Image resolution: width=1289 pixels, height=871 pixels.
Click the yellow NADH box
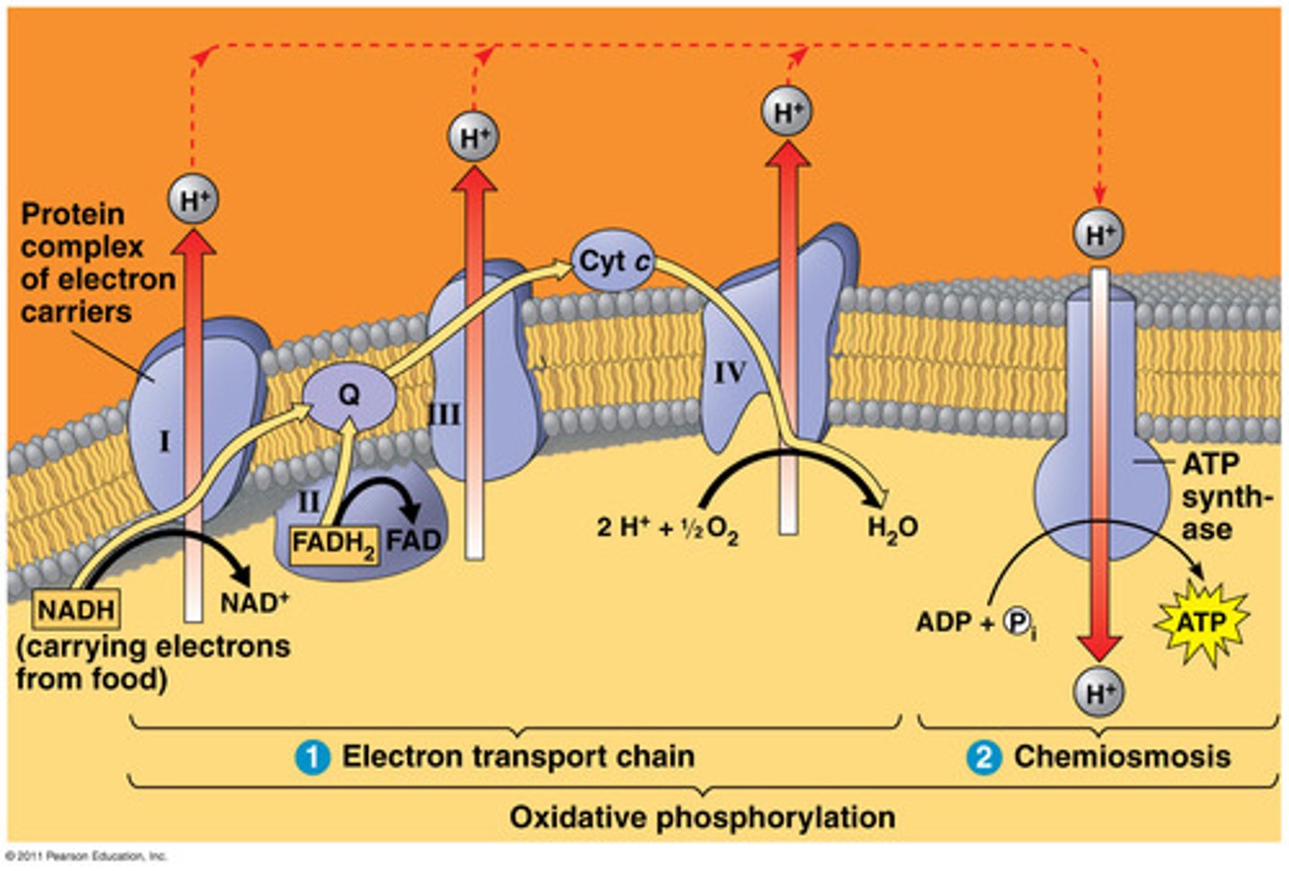coord(77,611)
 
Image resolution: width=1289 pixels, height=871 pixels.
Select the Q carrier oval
coord(348,395)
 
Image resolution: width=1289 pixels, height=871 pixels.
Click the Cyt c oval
coord(614,261)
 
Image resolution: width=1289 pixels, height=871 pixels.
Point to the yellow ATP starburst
coord(1201,621)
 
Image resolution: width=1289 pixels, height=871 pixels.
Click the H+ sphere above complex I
coord(192,200)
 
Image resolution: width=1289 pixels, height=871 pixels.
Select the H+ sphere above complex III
coord(474,137)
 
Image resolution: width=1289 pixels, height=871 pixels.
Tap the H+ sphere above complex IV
coord(787,112)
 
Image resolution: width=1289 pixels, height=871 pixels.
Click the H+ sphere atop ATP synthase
coord(1099,235)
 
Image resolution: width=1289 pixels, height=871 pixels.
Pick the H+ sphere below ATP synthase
coord(1099,693)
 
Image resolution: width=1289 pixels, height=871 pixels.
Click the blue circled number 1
coord(312,757)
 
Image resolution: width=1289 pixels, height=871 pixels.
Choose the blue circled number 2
coord(983,757)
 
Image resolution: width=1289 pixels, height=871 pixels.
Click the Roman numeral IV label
coord(730,372)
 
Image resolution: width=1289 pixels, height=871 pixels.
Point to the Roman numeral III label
coord(445,414)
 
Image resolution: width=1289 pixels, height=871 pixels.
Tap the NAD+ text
coord(254,602)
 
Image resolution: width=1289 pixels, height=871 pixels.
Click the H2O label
coord(892,527)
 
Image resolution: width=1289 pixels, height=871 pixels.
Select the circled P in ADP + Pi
coord(1016,621)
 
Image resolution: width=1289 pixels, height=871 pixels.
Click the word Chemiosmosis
coord(1122,756)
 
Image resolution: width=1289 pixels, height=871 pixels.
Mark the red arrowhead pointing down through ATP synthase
coord(1099,645)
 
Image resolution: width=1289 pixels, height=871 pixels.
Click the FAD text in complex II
coord(414,541)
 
